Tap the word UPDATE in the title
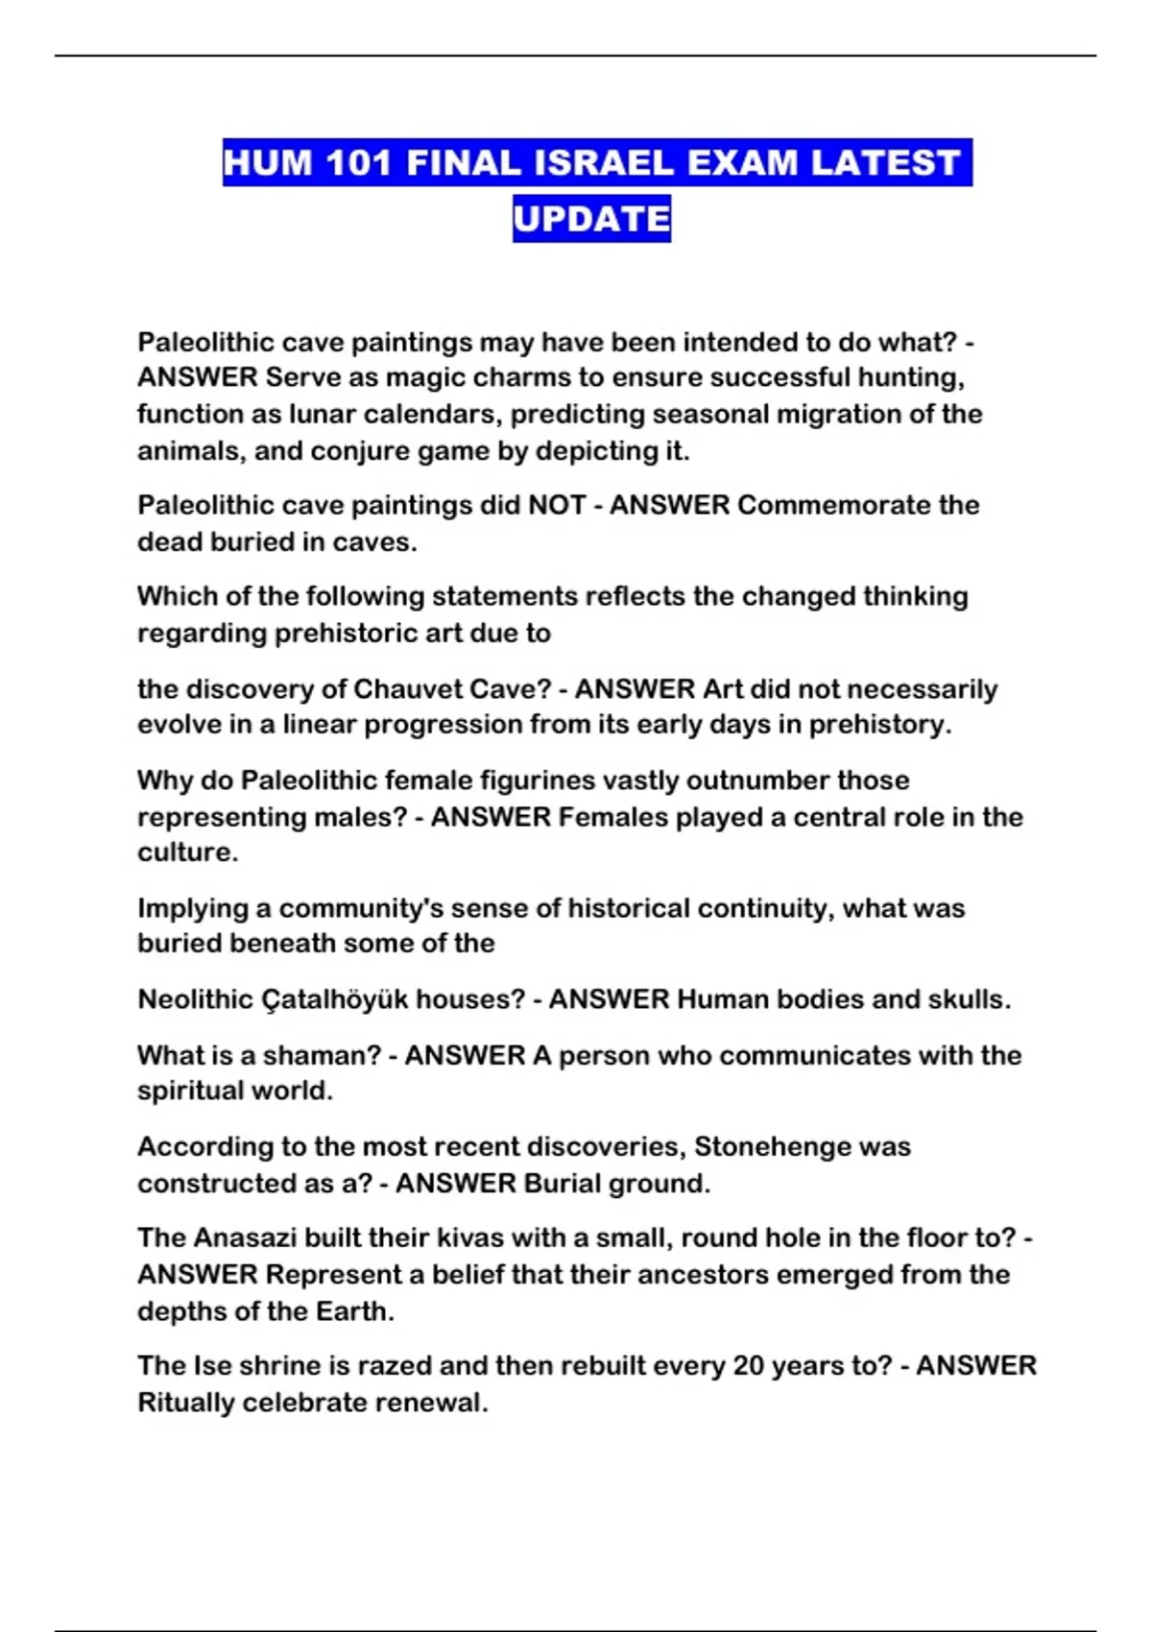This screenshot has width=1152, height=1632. pos(591,219)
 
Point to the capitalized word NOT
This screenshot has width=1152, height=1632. pos(557,505)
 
